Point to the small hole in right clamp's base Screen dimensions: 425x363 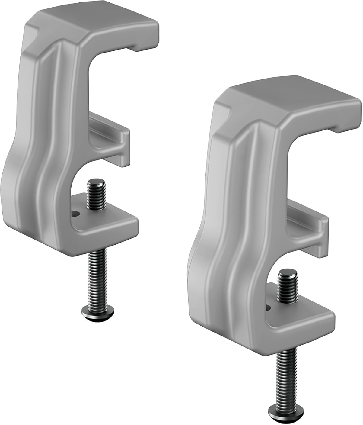tap(267, 307)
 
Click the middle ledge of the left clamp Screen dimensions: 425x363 tap(112, 139)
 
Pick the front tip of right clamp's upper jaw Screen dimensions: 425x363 tap(347, 121)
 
